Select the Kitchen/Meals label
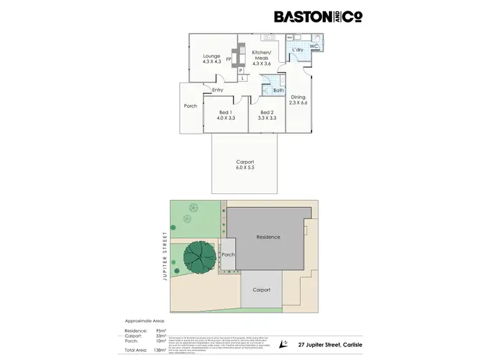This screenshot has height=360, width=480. pyautogui.click(x=261, y=54)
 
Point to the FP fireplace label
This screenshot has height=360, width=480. pyautogui.click(x=228, y=59)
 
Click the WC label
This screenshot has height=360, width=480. pyautogui.click(x=314, y=46)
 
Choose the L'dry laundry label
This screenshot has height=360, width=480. pyautogui.click(x=298, y=49)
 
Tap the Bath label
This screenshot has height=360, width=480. pyautogui.click(x=278, y=90)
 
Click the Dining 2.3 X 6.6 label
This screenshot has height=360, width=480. pyautogui.click(x=298, y=100)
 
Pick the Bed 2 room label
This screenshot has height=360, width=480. pyautogui.click(x=268, y=112)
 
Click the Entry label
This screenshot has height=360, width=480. pyautogui.click(x=218, y=90)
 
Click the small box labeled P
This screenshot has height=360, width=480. pyautogui.click(x=241, y=70)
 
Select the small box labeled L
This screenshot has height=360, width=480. pyautogui.click(x=243, y=78)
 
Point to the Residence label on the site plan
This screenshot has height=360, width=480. pyautogui.click(x=268, y=237)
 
